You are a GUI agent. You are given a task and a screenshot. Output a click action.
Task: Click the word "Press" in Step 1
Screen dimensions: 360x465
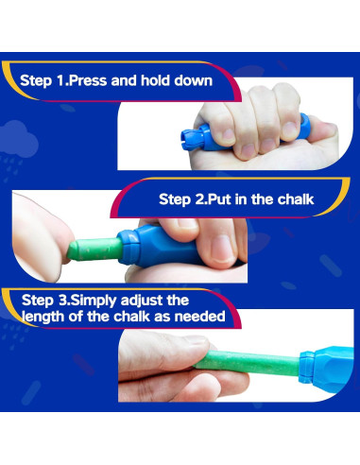coord(88,80)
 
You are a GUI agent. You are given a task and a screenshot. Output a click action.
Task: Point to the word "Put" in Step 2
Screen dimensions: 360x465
coord(218,199)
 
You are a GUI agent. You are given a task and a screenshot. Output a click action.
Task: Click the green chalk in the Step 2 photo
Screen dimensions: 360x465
coord(95,250)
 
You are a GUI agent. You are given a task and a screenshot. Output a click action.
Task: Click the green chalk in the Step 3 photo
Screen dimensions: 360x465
coord(247,363)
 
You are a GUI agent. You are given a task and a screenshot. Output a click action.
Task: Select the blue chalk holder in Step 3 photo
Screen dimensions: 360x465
coord(327,368)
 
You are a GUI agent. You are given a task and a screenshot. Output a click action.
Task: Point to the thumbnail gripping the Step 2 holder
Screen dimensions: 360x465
coord(222,249)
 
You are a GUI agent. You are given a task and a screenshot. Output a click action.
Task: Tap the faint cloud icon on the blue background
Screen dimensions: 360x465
coord(19,139)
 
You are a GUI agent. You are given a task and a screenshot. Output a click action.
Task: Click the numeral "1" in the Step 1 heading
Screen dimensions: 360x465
coord(60,80)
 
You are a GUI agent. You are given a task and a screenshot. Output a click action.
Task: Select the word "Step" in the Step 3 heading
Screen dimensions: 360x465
coord(38,301)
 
